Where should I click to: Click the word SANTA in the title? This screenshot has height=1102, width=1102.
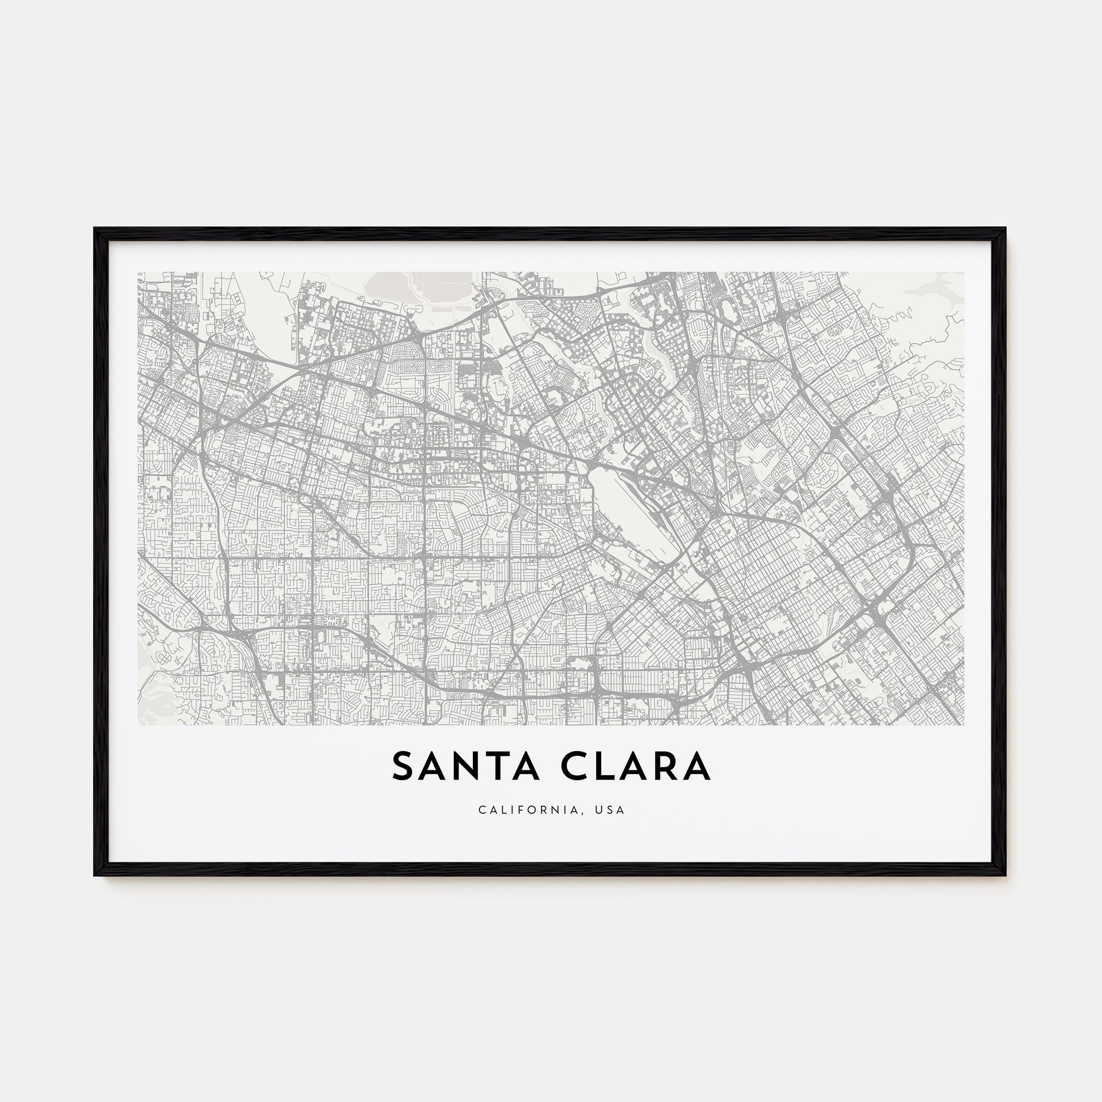click(x=466, y=767)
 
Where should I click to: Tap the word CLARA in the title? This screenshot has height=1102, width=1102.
click(x=634, y=767)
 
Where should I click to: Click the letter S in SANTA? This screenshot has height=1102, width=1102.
click(x=402, y=767)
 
